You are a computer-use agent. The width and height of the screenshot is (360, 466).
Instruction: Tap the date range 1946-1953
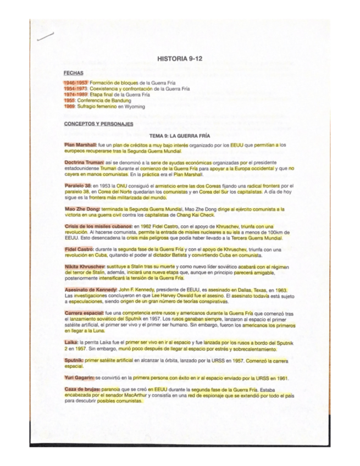75,82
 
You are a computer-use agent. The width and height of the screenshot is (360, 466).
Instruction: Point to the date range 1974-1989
75,94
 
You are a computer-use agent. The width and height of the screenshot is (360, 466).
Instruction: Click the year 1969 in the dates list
69,106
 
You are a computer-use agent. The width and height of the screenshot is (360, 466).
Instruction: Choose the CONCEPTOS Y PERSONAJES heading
98,124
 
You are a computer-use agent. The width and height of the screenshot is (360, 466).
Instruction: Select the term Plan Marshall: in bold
80,145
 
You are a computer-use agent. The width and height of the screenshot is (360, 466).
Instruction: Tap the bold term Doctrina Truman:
84,163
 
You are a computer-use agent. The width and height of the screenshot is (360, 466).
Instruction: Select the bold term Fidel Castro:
79,249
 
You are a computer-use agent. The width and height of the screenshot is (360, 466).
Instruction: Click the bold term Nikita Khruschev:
85,267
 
